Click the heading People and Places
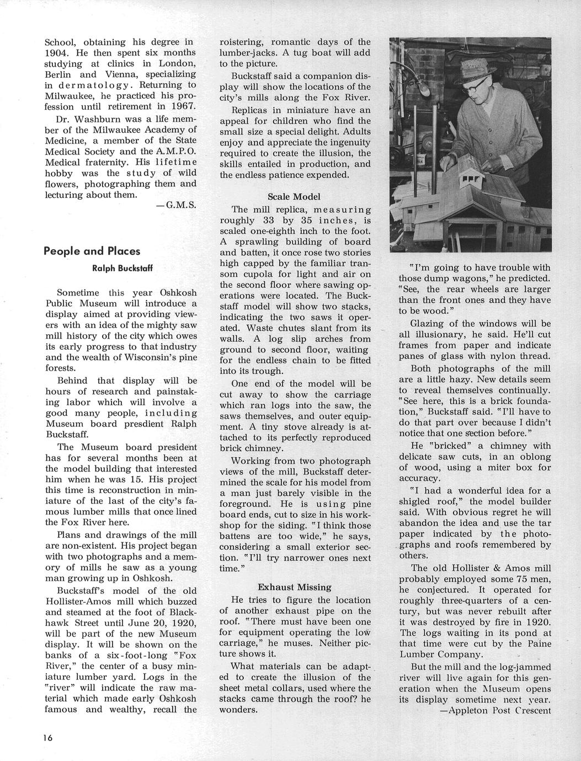pos(92,251)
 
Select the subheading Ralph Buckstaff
pos(122,269)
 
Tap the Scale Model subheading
pos(294,197)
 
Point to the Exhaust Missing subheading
pos(294,587)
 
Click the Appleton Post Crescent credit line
pos(495,710)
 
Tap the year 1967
pos(183,106)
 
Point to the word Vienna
pos(177,74)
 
